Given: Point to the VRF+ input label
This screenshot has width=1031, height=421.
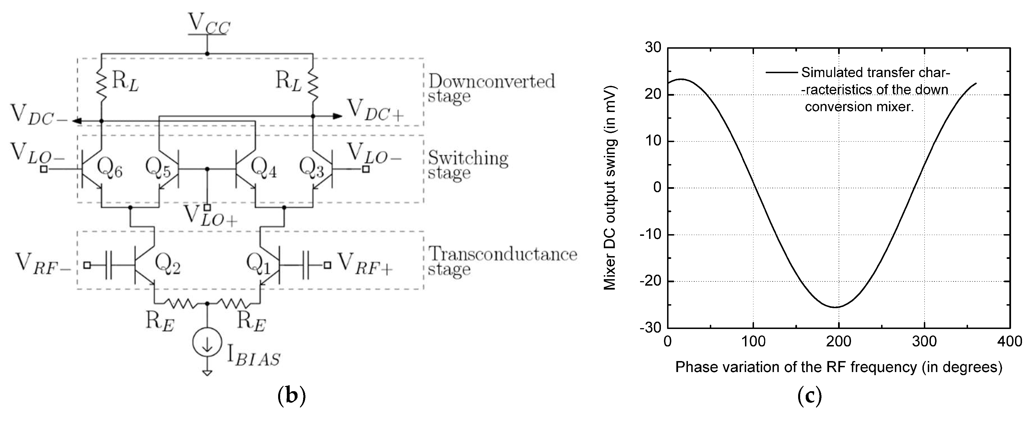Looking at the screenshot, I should pyautogui.click(x=364, y=264).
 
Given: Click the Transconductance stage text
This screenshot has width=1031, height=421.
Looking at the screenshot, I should pyautogui.click(x=502, y=261).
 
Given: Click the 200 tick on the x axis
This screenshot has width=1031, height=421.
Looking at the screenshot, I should pyautogui.click(x=838, y=342).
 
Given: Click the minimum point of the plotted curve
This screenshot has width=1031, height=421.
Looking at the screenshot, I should pyautogui.click(x=836, y=307).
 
